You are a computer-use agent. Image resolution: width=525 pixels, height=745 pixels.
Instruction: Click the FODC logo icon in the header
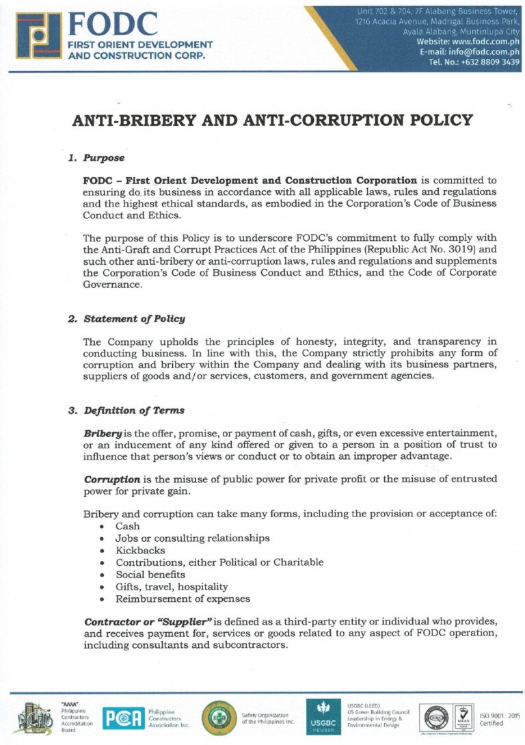(34, 35)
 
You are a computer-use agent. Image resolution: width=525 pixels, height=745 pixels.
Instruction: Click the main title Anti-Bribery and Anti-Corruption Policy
(272, 120)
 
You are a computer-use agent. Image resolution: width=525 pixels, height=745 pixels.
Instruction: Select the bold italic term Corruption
(112, 479)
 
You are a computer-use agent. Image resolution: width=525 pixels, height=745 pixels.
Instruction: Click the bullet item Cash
(127, 526)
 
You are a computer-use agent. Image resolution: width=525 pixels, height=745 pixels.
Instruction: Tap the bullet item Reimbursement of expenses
(183, 599)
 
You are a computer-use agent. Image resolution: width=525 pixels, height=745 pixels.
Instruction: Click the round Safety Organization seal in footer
(219, 718)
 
